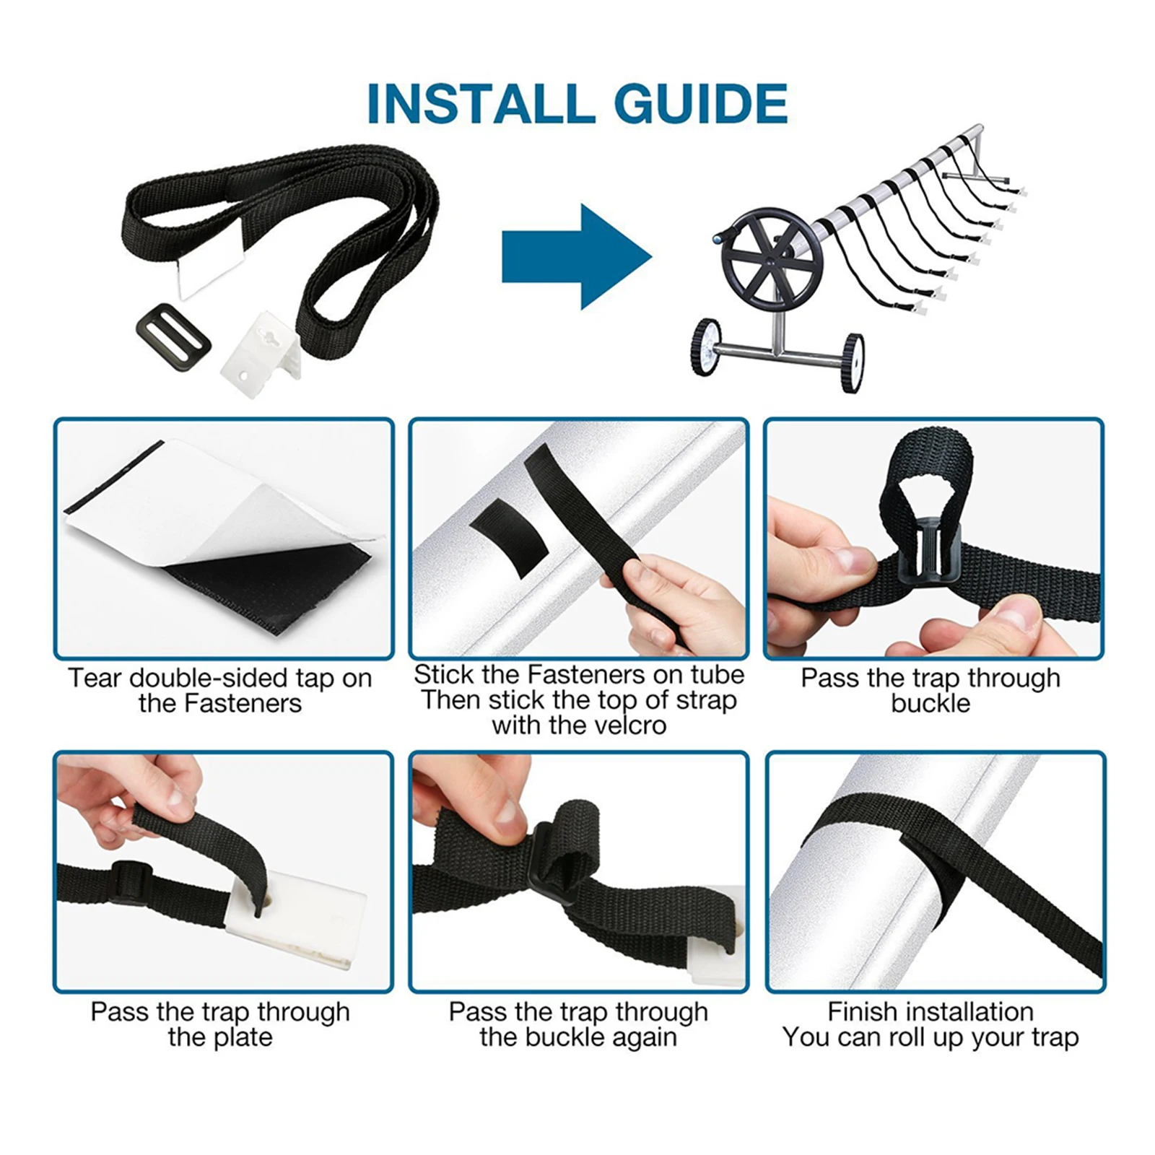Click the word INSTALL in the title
click(480, 104)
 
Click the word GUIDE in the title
click(700, 104)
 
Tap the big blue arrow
click(577, 257)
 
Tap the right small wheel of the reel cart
click(853, 363)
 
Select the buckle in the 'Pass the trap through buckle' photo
click(931, 552)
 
